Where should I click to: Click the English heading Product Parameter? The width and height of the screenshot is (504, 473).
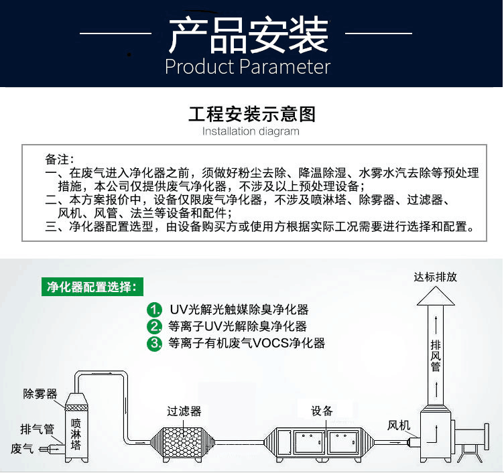pyautogui.click(x=248, y=67)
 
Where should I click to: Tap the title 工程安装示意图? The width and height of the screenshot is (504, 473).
pyautogui.click(x=252, y=114)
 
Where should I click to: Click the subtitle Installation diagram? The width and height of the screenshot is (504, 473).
pyautogui.click(x=251, y=131)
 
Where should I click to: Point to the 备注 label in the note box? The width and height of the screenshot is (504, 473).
pyautogui.click(x=59, y=159)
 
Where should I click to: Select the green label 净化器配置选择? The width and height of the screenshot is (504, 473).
pyautogui.click(x=92, y=287)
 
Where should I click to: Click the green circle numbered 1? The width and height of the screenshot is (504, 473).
pyautogui.click(x=155, y=310)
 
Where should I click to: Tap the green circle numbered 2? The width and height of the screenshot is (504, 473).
pyautogui.click(x=155, y=326)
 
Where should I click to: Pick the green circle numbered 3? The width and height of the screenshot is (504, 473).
pyautogui.click(x=155, y=343)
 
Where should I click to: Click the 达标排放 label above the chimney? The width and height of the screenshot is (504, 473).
pyautogui.click(x=435, y=277)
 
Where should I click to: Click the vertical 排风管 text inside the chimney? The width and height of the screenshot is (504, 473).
pyautogui.click(x=436, y=356)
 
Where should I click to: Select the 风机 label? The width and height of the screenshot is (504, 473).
pyautogui.click(x=399, y=425)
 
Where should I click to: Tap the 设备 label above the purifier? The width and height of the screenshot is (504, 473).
pyautogui.click(x=322, y=411)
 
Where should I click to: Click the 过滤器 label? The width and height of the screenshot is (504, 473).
pyautogui.click(x=184, y=411)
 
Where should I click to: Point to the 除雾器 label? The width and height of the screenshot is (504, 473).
pyautogui.click(x=40, y=394)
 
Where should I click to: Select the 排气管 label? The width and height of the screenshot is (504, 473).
pyautogui.click(x=37, y=429)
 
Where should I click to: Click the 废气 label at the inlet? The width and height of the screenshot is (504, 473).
pyautogui.click(x=22, y=449)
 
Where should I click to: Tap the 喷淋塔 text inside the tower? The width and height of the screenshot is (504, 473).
pyautogui.click(x=76, y=434)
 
